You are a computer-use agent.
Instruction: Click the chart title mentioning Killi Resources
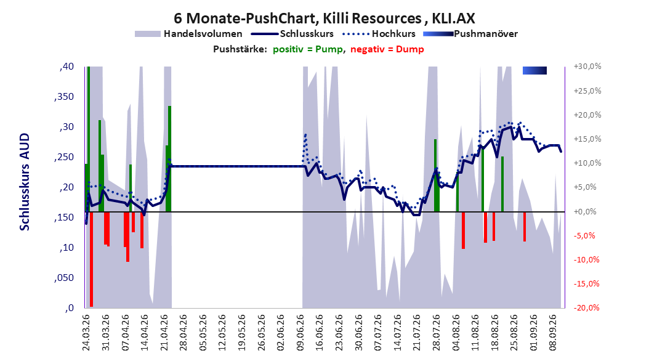tap(324, 18)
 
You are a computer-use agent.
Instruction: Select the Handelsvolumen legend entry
tap(189, 34)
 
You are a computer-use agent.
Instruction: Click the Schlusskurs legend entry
tap(292, 34)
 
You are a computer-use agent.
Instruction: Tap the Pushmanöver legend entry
tap(470, 34)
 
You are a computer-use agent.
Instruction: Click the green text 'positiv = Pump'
tap(308, 49)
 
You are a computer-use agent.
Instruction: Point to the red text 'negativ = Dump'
tap(387, 49)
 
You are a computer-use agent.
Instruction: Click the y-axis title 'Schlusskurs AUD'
tap(25, 182)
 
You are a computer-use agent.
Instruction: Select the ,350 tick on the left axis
tap(64, 97)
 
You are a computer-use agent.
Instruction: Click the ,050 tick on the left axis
tap(64, 278)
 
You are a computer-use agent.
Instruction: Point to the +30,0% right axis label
tap(587, 67)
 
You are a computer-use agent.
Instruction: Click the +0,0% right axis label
tap(585, 211)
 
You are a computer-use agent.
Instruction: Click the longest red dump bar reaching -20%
tap(91, 259)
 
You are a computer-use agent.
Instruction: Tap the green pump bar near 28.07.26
tap(435, 176)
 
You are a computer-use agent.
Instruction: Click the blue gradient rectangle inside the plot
tap(534, 71)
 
